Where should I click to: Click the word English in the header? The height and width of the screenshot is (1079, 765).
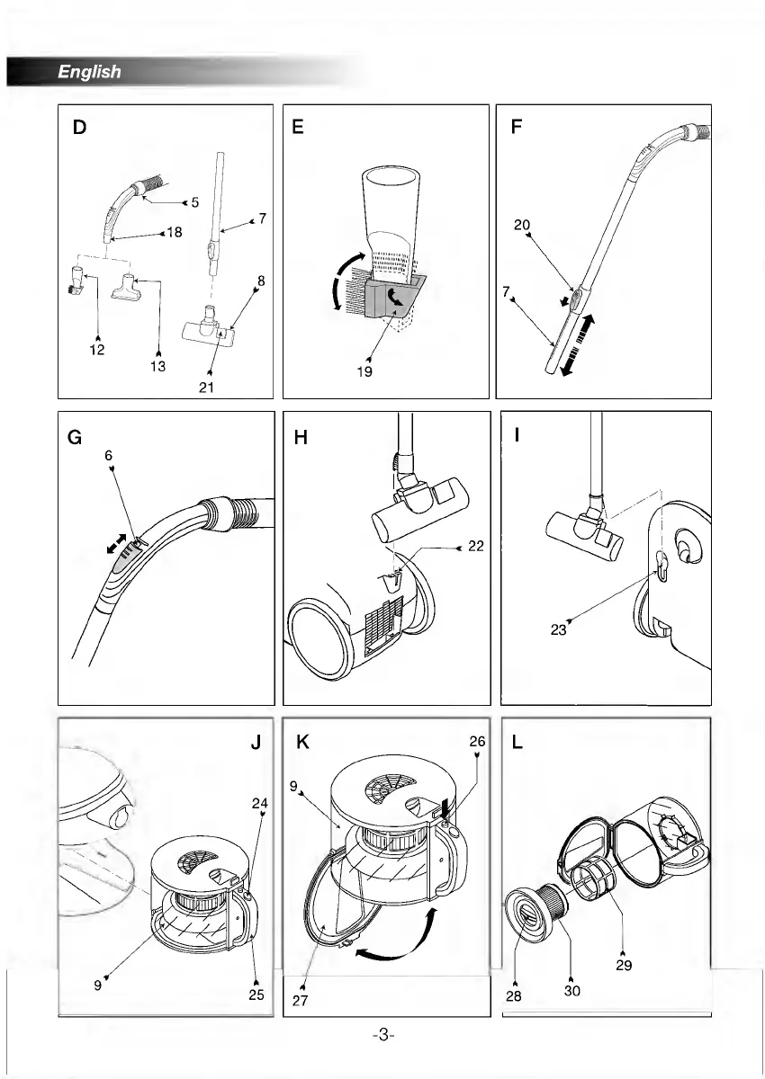(89, 72)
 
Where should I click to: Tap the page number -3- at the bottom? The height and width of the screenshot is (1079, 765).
(382, 1035)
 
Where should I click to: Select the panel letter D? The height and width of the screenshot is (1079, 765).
(80, 128)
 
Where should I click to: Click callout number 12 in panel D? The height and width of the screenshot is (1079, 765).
(96, 350)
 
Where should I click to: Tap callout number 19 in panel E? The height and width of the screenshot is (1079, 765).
(364, 371)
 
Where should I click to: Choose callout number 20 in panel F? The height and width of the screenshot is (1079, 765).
(522, 225)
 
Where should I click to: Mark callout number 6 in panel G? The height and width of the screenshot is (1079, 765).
(110, 456)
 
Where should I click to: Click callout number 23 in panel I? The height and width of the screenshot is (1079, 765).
(559, 629)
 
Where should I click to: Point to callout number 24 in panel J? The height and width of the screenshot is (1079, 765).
(259, 803)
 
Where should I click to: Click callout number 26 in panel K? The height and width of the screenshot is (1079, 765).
(477, 743)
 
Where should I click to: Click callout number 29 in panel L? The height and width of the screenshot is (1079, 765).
(625, 966)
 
